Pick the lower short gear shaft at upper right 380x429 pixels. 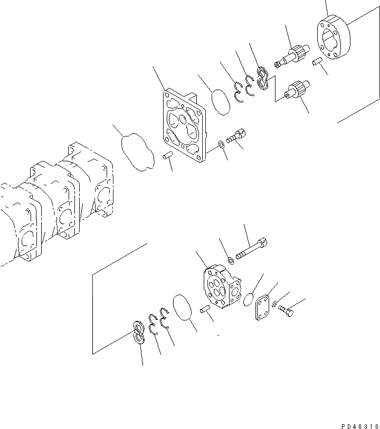point(295,90)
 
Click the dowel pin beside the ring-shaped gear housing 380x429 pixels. point(317,62)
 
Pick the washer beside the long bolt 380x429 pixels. point(231,258)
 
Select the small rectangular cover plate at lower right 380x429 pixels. point(262,310)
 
